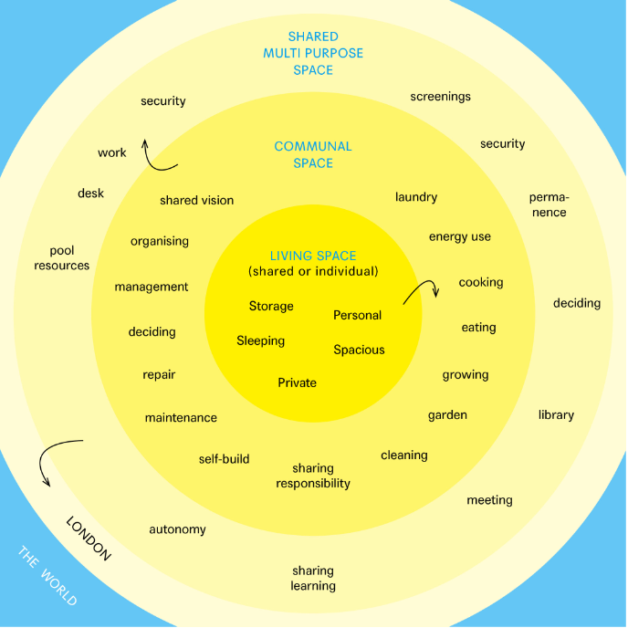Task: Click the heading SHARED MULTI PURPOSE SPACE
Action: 313,53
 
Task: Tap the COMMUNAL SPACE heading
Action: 313,154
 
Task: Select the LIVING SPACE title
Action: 313,256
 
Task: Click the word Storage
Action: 271,307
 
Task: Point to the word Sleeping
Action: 261,341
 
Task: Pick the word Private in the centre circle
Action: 297,383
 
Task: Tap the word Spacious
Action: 359,350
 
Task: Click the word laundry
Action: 416,197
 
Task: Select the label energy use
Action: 460,237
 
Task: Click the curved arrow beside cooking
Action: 422,290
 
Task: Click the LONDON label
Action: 89,539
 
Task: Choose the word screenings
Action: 440,96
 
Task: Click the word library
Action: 556,415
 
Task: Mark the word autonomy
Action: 178,530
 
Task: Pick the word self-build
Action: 225,459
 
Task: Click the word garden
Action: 447,415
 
